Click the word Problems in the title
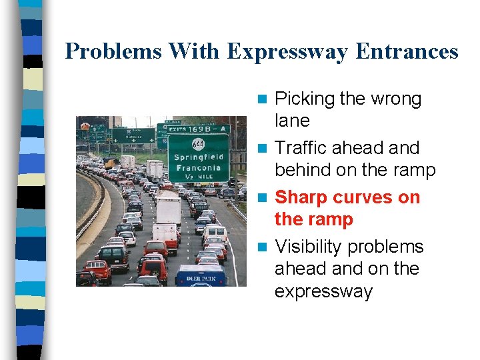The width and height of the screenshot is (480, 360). pos(113,51)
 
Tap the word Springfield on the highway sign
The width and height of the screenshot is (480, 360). pos(198,157)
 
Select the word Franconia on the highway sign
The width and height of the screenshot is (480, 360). pos(198,169)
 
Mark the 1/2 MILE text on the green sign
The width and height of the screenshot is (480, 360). pos(198,178)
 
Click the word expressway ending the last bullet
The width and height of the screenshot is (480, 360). pos(323,291)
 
